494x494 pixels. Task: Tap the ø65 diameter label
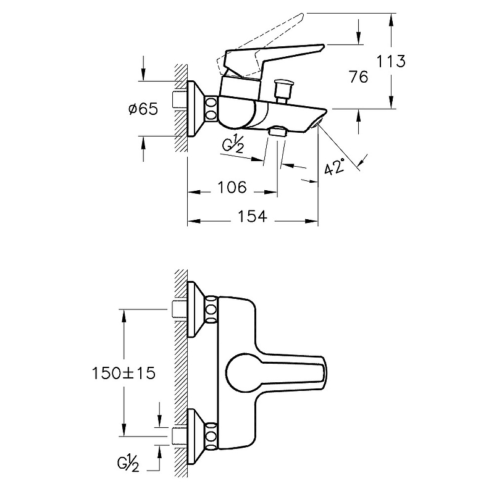(x=144, y=109)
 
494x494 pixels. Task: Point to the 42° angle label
(x=334, y=167)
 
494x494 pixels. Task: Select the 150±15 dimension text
(x=123, y=373)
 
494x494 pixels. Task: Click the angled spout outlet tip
(x=319, y=124)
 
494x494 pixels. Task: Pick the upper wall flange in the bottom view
(x=195, y=309)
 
